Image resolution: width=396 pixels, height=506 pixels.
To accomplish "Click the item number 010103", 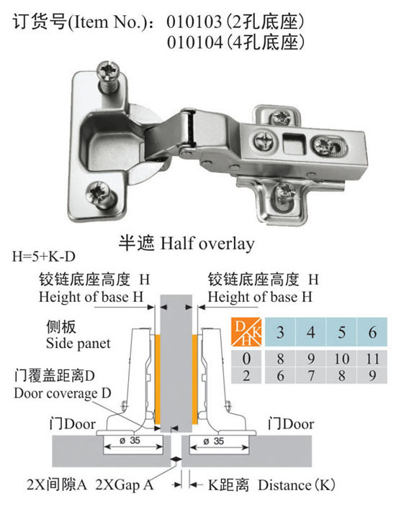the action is (x=194, y=22).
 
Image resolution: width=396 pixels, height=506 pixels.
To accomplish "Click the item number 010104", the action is (x=194, y=42).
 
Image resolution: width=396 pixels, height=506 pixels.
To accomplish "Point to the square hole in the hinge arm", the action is (x=294, y=143).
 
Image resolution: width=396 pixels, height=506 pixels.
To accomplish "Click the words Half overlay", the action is (x=207, y=244).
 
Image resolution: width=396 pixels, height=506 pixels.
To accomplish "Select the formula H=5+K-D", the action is (x=44, y=257).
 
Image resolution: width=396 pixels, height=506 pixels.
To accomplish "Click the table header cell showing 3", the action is (x=280, y=332).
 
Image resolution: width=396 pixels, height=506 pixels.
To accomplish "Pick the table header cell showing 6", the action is (x=372, y=332).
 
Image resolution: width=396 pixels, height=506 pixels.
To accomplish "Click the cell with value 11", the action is (x=372, y=359).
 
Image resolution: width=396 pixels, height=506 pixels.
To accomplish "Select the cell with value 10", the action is (x=342, y=359).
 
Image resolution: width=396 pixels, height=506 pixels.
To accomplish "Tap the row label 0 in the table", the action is (x=246, y=359).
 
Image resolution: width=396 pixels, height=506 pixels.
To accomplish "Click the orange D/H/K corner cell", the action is (x=246, y=332).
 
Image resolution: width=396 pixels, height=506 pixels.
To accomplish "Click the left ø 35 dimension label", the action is (x=130, y=440).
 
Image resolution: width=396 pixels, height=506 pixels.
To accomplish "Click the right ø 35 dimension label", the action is (x=214, y=441).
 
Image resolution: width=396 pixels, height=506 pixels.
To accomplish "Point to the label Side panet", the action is (x=78, y=343).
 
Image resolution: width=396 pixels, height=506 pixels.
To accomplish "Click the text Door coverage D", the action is (x=63, y=393).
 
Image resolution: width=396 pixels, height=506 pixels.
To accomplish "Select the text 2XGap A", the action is (x=124, y=484).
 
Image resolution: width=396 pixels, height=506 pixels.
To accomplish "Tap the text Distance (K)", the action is (x=296, y=485).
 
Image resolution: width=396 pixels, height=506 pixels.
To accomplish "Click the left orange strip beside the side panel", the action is (x=158, y=380).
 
